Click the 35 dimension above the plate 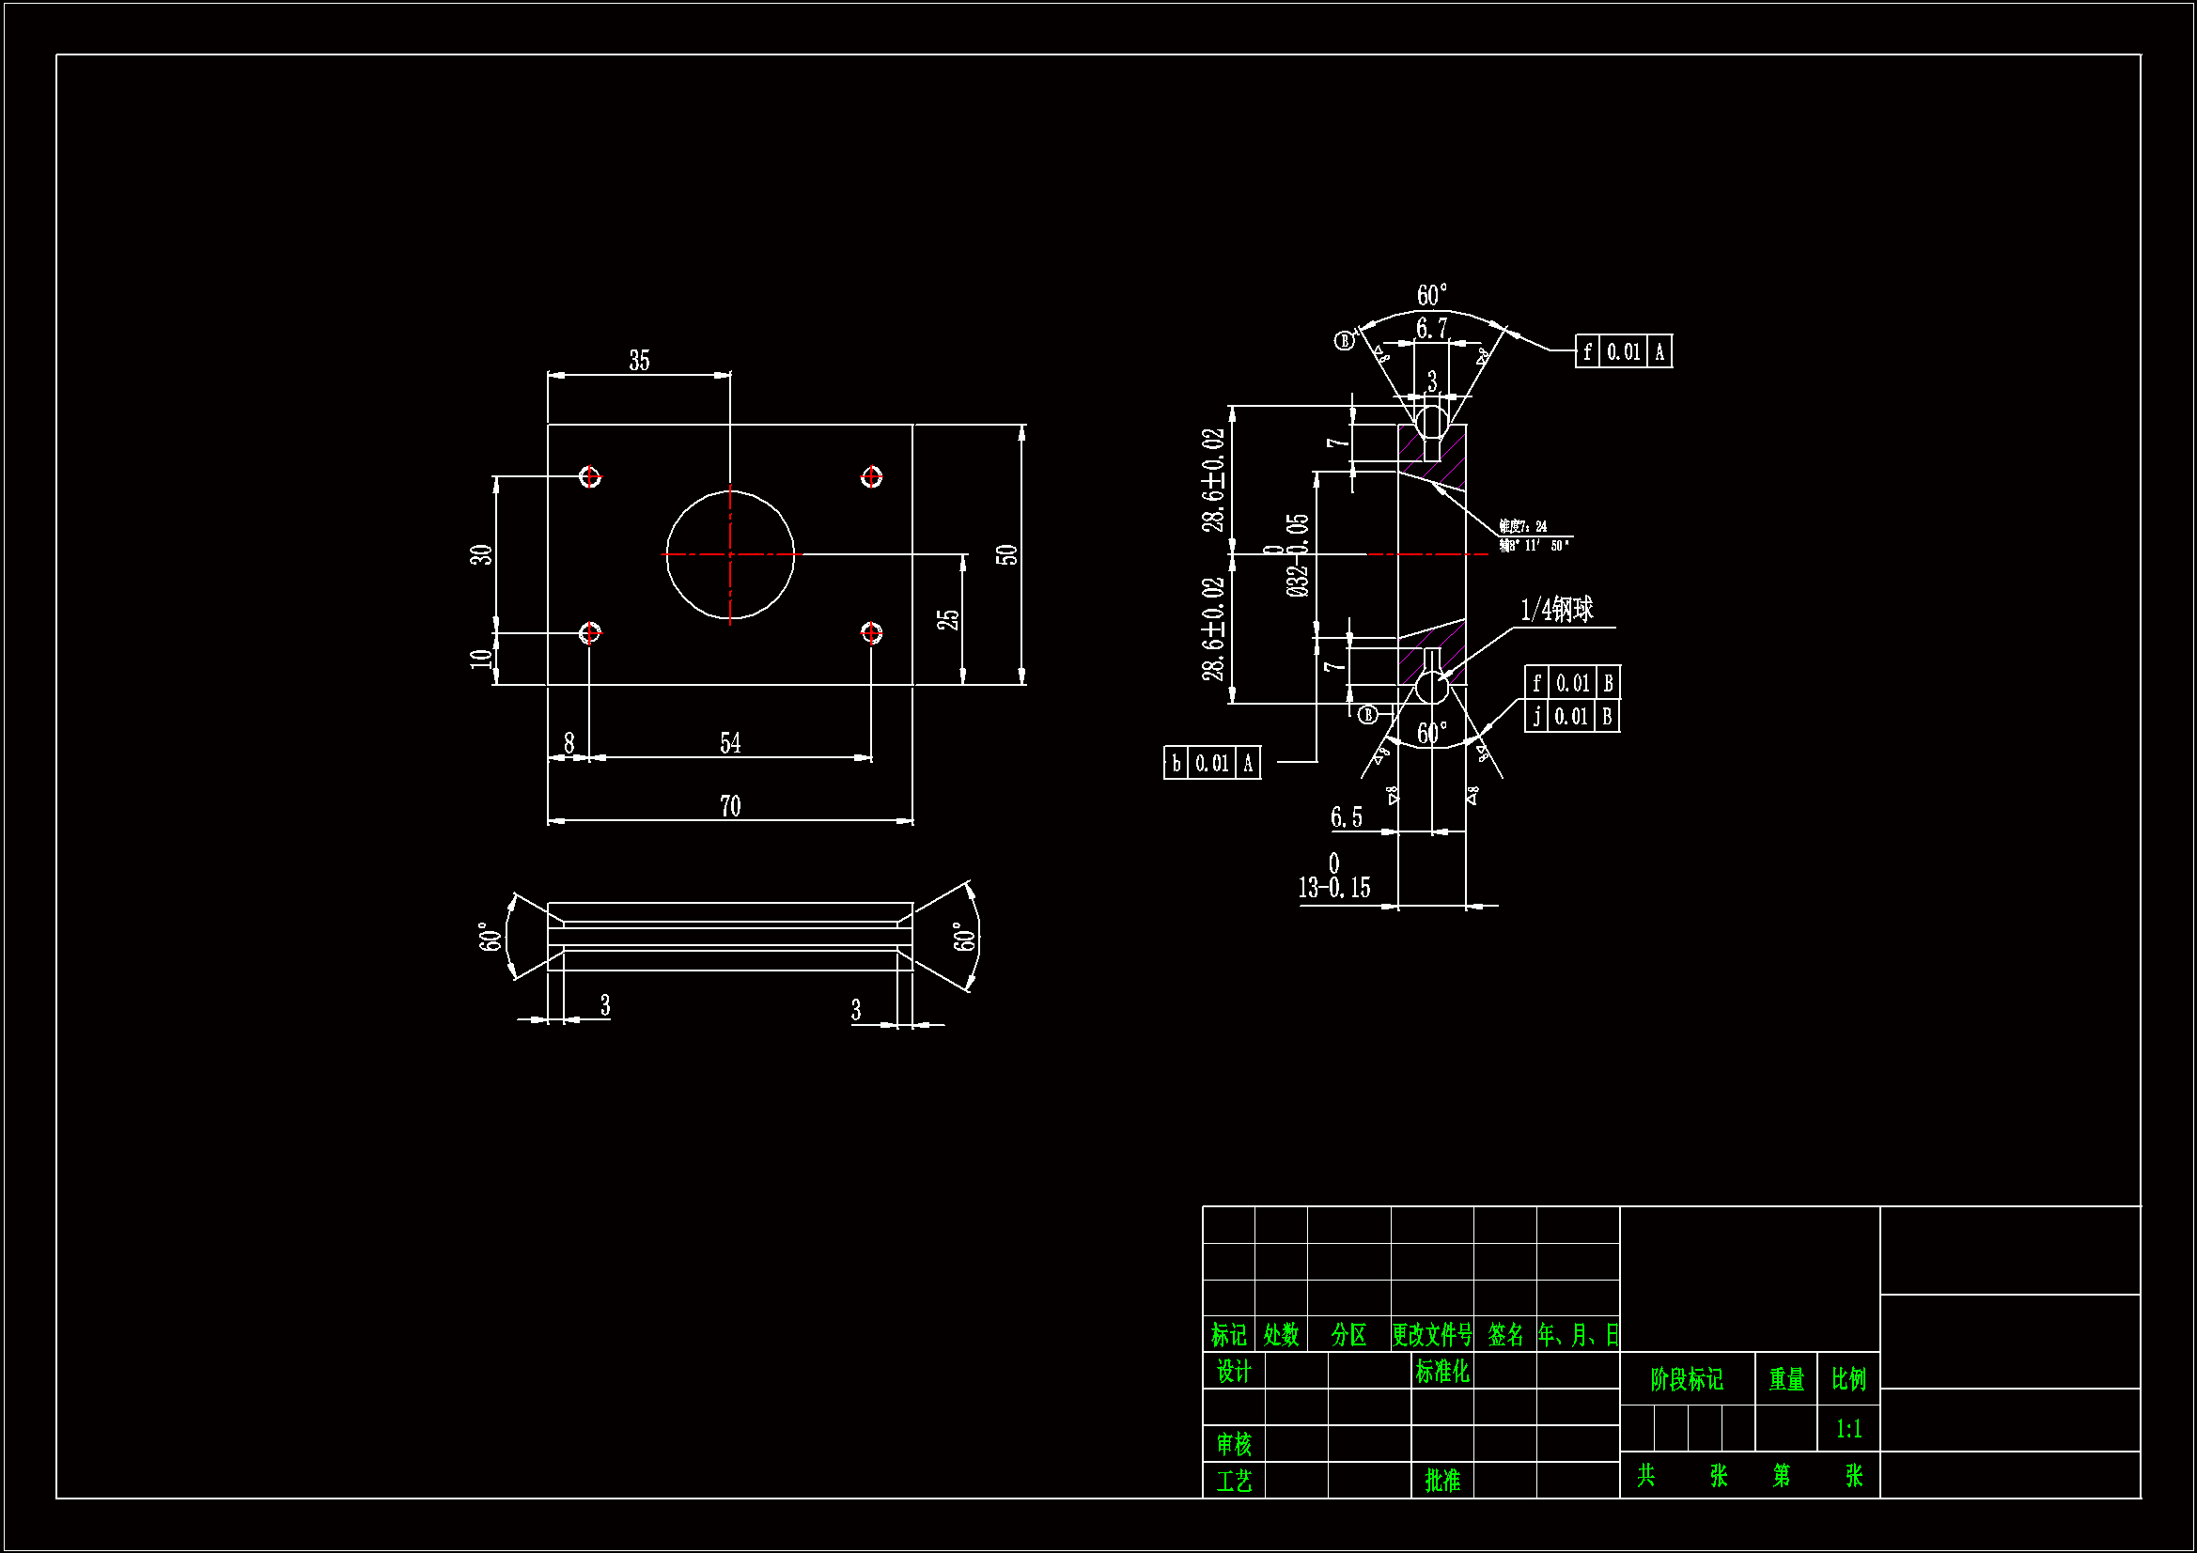[x=639, y=361]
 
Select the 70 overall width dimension [x=730, y=807]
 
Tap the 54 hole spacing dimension [x=730, y=743]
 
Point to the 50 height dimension [x=1006, y=555]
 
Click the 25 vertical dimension [x=947, y=620]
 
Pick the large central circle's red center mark [x=730, y=555]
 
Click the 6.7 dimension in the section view [x=1431, y=329]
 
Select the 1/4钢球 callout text [x=1557, y=610]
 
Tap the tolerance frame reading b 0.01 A [x=1211, y=764]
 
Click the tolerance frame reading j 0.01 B [x=1572, y=717]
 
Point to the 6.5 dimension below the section [x=1347, y=817]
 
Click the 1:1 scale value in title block [x=1848, y=1430]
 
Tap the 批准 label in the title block [x=1442, y=1481]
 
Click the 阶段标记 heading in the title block [x=1687, y=1379]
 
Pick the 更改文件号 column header [x=1431, y=1335]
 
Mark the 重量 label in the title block [x=1785, y=1379]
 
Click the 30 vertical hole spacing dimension [x=480, y=555]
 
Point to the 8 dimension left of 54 [x=569, y=743]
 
